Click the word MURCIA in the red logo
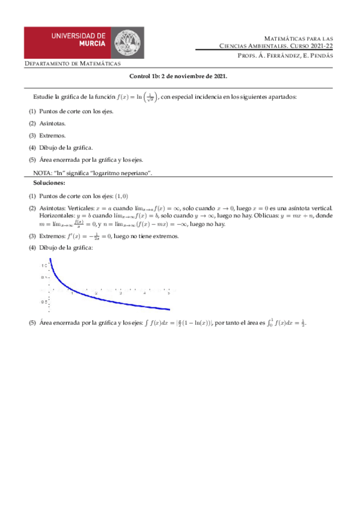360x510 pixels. pyautogui.click(x=91, y=43)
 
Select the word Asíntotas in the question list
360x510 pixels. pyautogui.click(x=52, y=123)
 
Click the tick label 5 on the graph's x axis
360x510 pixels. pyautogui.click(x=168, y=293)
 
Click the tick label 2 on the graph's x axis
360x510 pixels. pyautogui.click(x=96, y=293)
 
